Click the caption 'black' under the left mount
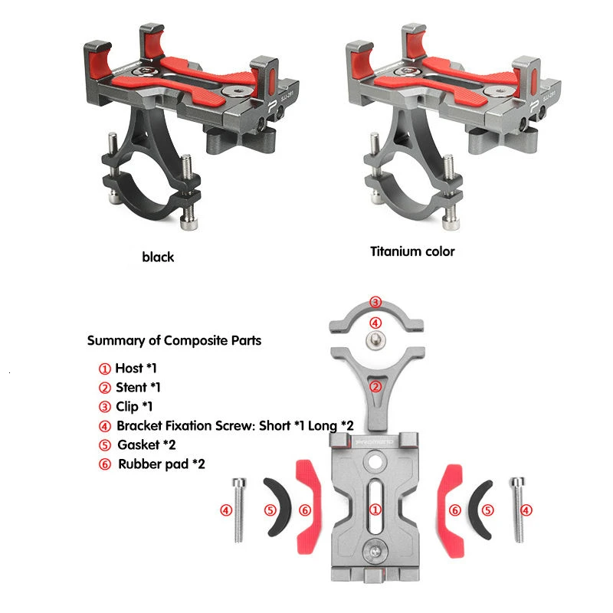tap(158, 257)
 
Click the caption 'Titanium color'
tap(412, 251)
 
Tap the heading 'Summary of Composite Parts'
tap(174, 340)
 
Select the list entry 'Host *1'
tap(136, 369)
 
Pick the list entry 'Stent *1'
tap(138, 388)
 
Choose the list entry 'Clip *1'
tap(133, 407)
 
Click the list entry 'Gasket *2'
tap(146, 445)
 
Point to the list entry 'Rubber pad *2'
tap(162, 464)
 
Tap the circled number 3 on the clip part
tap(375, 302)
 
